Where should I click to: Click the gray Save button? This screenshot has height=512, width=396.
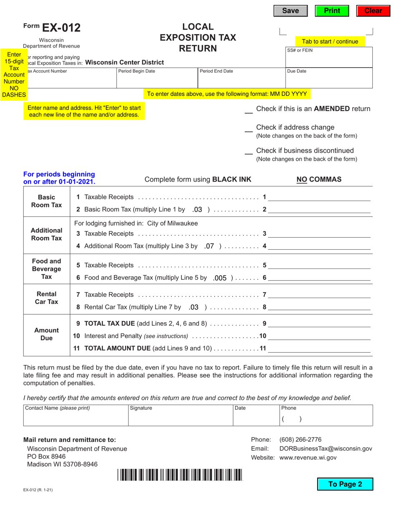click(x=291, y=11)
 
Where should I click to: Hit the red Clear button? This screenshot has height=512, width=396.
click(x=373, y=11)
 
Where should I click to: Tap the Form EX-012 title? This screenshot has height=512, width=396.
click(x=52, y=28)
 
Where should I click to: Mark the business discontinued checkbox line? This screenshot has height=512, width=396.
click(x=248, y=151)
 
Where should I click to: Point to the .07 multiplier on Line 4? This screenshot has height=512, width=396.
click(x=210, y=246)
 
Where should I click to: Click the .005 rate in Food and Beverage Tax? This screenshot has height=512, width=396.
click(x=220, y=278)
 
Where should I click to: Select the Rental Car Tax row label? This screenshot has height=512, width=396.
click(x=47, y=298)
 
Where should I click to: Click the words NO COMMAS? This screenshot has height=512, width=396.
click(x=319, y=179)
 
